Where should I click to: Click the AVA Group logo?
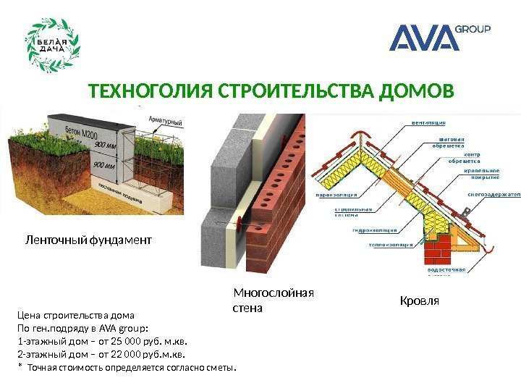click(440, 38)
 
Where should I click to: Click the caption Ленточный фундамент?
click(88, 238)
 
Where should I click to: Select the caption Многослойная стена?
click(273, 300)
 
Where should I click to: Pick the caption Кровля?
click(420, 299)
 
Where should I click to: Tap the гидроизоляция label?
click(375, 231)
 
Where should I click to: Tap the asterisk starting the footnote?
click(20, 367)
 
